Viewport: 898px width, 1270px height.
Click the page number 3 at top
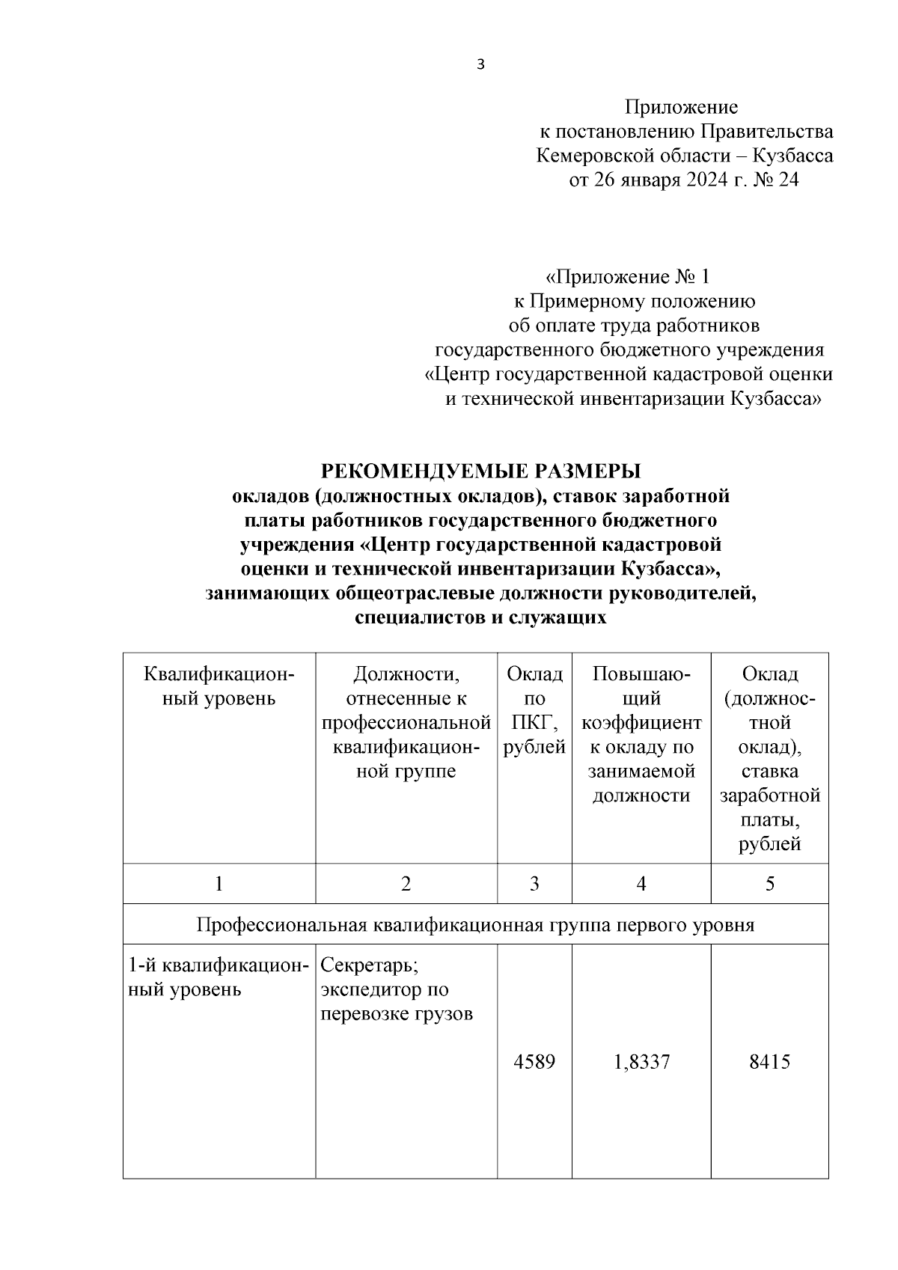click(480, 65)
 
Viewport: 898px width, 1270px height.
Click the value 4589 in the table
click(534, 1061)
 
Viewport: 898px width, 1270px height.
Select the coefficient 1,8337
click(641, 1061)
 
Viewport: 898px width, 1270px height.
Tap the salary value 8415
click(769, 1061)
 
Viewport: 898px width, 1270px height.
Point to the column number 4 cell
click(641, 884)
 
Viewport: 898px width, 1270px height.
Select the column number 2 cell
click(406, 884)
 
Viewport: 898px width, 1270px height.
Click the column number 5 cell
click(769, 884)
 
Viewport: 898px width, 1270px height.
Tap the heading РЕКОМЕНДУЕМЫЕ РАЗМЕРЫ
click(481, 471)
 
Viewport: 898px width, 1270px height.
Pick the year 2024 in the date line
click(703, 180)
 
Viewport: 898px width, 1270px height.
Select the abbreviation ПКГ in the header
click(534, 723)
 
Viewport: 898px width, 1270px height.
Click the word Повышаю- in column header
click(641, 674)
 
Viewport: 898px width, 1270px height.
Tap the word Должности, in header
click(406, 674)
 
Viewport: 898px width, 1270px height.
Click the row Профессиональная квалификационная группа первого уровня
click(475, 925)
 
